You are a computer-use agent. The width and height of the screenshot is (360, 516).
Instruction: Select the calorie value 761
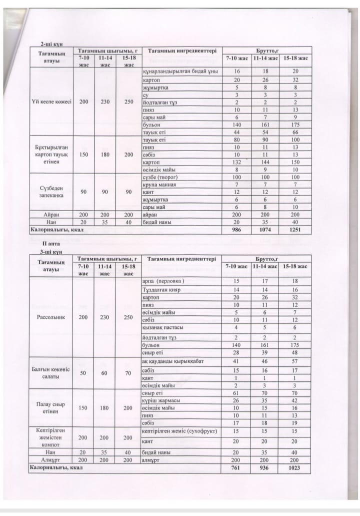(237, 468)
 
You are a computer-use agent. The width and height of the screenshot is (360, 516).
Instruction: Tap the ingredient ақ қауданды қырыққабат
(173, 361)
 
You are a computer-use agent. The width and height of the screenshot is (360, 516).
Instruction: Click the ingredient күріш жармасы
(161, 400)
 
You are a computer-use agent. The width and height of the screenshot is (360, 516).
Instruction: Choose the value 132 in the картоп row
(237, 163)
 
